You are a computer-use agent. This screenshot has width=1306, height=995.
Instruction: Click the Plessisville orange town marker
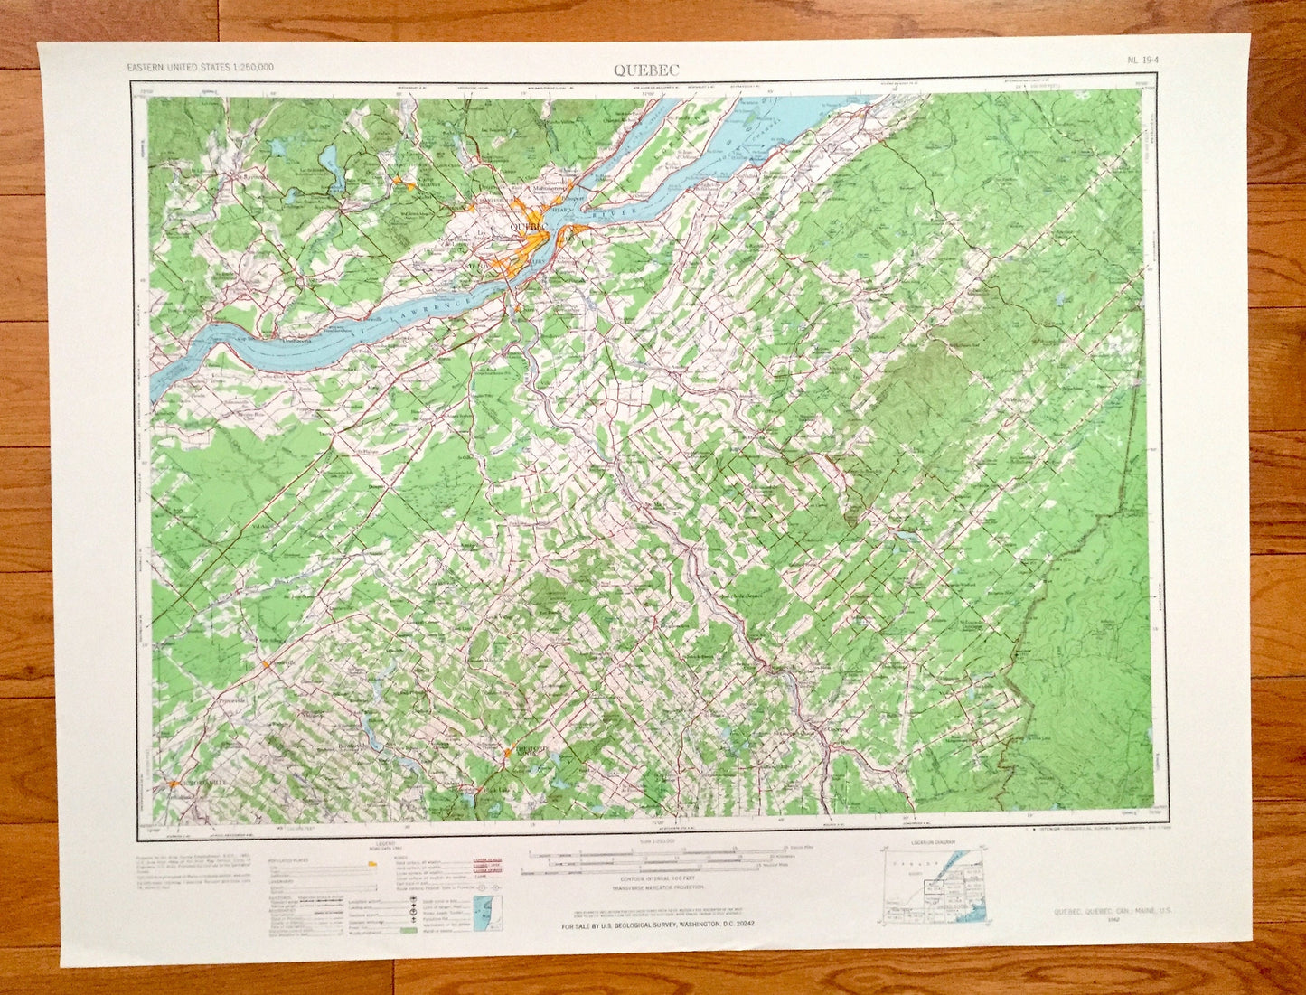pos(266,664)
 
